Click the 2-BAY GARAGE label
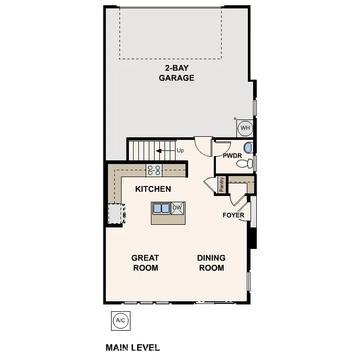click(x=177, y=73)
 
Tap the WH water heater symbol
click(x=245, y=127)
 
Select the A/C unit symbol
click(x=120, y=320)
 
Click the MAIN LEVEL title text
click(x=133, y=347)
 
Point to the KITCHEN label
click(x=153, y=189)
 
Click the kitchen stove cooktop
click(x=154, y=170)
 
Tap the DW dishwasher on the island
click(x=177, y=208)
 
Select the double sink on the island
click(x=161, y=209)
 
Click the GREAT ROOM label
click(x=145, y=263)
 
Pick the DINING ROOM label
click(x=211, y=263)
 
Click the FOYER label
click(x=233, y=215)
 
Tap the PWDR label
click(x=232, y=156)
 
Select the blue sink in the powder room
click(x=248, y=147)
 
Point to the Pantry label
click(x=222, y=184)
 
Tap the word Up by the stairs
click(x=180, y=151)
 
